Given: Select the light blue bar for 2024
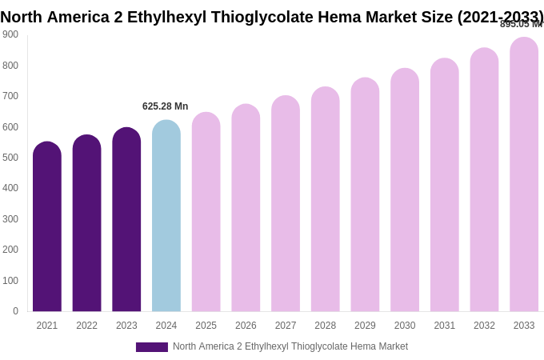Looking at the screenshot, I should (x=166, y=216).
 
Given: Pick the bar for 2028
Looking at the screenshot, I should (x=326, y=199).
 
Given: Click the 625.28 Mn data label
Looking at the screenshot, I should (x=165, y=106).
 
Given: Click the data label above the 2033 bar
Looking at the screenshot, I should (x=521, y=24).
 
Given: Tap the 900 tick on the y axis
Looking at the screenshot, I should (x=10, y=34).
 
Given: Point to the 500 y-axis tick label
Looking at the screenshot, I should (x=10, y=158).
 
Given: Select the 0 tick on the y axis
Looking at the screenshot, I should (x=15, y=311).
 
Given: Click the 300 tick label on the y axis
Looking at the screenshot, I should (x=10, y=219).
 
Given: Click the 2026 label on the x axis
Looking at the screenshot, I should (x=246, y=326).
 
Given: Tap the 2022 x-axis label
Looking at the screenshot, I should (x=87, y=326).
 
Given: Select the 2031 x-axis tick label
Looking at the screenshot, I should (x=445, y=326).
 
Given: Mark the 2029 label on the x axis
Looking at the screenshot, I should (x=365, y=326).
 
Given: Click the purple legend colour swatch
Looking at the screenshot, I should (x=152, y=347).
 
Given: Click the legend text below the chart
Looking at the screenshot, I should (x=290, y=346).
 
